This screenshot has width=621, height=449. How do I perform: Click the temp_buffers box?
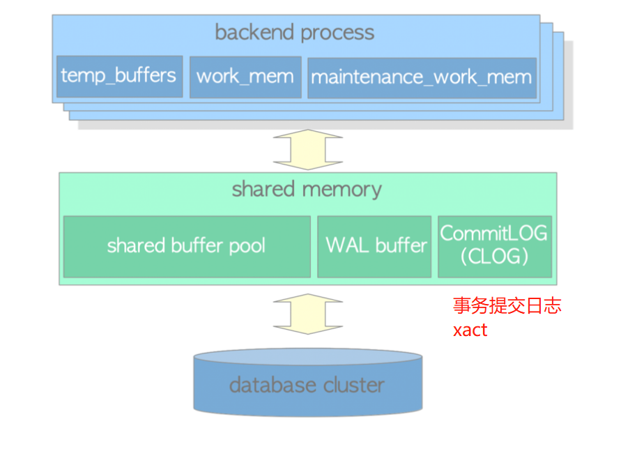(119, 76)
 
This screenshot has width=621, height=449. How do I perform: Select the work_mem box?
(245, 77)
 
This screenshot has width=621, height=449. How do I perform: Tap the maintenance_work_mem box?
(421, 77)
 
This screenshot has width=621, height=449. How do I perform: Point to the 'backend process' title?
(294, 33)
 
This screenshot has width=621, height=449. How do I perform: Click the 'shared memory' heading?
(307, 190)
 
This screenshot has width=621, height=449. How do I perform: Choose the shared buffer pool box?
(186, 246)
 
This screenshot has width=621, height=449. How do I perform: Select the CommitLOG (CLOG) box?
(494, 246)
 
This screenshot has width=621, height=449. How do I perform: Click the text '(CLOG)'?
(494, 257)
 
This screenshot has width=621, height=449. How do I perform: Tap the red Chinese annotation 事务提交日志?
(507, 306)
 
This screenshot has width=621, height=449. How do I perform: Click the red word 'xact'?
(470, 330)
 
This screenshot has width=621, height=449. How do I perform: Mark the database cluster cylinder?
(307, 385)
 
